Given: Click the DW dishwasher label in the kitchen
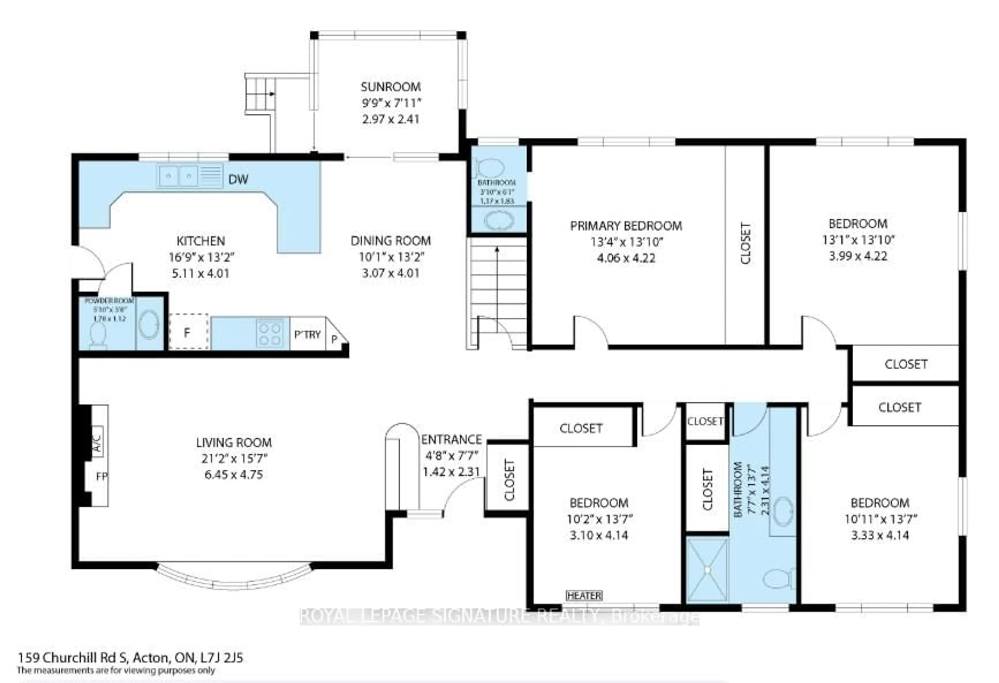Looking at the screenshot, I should (238, 179).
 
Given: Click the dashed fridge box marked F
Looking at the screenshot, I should (188, 332).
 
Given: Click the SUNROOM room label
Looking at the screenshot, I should (390, 87).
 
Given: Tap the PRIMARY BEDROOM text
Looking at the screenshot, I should (626, 226).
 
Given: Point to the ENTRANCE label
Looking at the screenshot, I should (451, 439).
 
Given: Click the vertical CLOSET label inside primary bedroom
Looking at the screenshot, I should (746, 243).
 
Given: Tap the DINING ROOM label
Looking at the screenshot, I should (390, 241).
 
